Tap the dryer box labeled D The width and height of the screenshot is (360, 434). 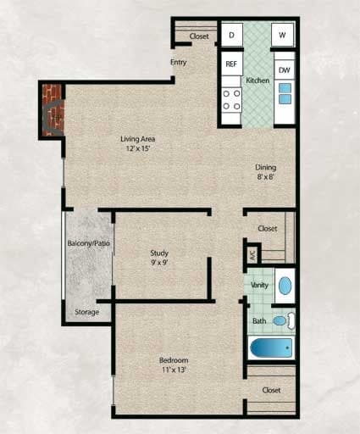pos(230,35)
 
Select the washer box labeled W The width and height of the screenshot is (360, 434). pos(283,35)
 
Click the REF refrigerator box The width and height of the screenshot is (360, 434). pos(230,64)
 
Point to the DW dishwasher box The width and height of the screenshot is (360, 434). pos(284,70)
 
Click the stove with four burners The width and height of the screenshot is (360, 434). pos(230,99)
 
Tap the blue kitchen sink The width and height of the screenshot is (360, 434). pos(285,92)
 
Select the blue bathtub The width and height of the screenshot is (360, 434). pos(270,348)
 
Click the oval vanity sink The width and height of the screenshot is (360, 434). pos(285,284)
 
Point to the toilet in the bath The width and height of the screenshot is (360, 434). pos(289,320)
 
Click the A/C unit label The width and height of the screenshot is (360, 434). pos(252,253)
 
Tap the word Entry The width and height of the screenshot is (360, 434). pos(179,62)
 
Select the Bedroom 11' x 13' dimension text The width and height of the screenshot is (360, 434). pos(172,370)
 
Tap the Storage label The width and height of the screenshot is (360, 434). pos(86,312)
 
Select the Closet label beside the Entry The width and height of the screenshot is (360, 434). pos(199,36)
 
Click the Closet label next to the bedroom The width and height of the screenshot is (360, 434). pos(271,390)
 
